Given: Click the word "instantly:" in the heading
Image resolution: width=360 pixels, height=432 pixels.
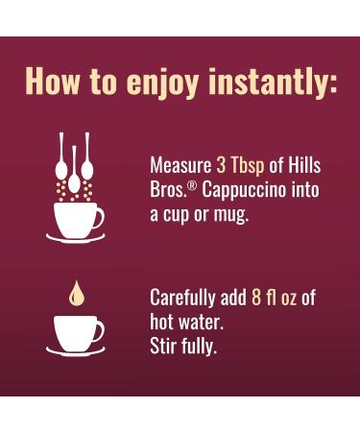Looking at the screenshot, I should tap(272, 81).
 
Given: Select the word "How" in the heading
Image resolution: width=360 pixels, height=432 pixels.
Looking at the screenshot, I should tap(56, 81).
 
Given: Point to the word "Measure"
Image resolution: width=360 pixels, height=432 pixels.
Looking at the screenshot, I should tap(180, 164).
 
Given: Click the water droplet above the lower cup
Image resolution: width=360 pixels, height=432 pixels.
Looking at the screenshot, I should tap(74, 292).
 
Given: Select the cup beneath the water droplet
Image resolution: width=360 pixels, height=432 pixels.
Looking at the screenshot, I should tap(76, 331).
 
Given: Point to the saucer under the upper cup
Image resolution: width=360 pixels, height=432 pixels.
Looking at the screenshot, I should tap(77, 236).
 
